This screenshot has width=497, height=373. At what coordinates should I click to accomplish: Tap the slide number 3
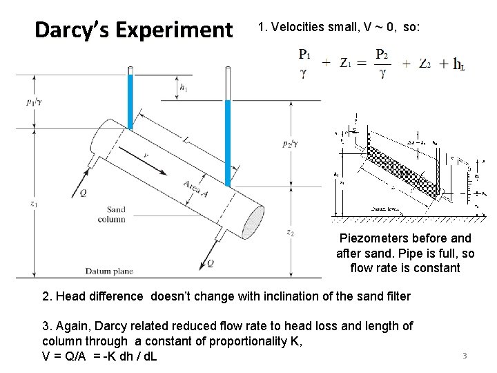coord(465,356)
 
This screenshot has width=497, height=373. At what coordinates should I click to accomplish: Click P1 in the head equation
coord(304,54)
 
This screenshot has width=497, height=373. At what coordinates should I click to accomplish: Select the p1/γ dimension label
coord(33,102)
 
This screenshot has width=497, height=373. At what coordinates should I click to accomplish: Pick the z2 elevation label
coord(291,232)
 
